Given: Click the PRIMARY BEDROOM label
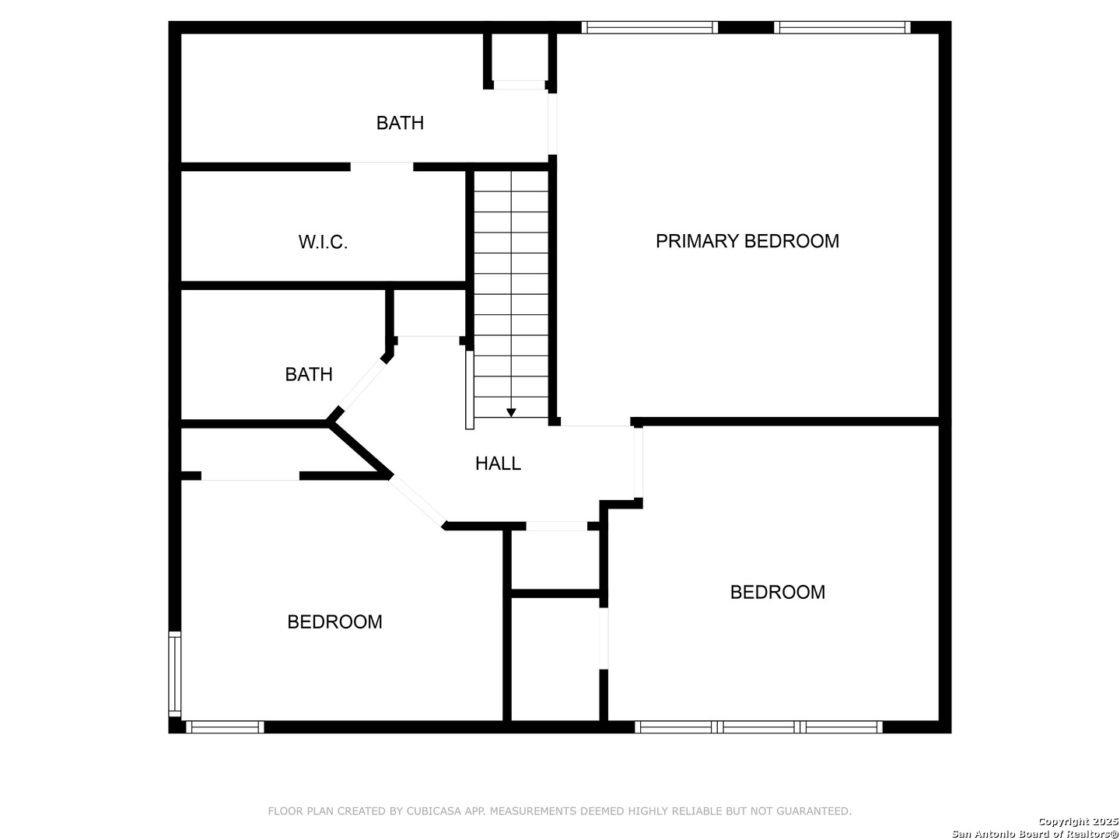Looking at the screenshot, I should click(747, 241).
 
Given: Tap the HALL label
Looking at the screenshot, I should click(498, 464).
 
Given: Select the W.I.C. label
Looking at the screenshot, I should click(323, 242).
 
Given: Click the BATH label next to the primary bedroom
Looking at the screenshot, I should click(400, 123).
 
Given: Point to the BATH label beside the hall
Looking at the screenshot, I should click(309, 374).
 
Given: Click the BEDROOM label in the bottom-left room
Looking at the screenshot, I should click(334, 622).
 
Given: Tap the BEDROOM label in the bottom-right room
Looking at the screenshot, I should click(777, 592).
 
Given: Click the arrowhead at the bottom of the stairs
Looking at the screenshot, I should click(511, 413).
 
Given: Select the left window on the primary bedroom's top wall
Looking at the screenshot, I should click(649, 28).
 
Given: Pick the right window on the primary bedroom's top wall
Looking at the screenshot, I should click(842, 28).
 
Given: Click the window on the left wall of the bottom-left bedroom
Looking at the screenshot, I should click(175, 674).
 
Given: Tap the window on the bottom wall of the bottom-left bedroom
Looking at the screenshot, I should click(225, 727).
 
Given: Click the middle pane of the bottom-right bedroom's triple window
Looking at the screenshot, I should click(759, 727).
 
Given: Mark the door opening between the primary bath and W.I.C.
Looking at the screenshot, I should click(381, 166).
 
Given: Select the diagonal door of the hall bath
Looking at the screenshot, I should click(362, 385).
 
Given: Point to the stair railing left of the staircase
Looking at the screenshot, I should click(470, 389).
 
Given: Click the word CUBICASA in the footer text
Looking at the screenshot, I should click(427, 811).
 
